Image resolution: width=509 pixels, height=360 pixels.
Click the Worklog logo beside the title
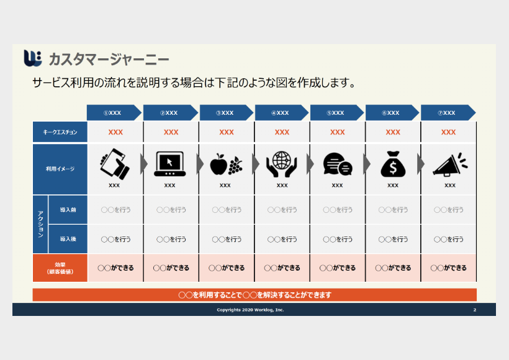click(33, 58)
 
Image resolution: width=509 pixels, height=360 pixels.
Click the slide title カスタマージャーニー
click(109, 60)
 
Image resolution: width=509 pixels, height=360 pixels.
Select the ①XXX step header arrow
click(114, 112)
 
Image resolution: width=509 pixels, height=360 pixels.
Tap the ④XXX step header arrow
click(281, 112)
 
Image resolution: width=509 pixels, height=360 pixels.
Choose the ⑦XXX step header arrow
click(448, 112)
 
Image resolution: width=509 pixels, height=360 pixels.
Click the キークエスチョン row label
click(60, 132)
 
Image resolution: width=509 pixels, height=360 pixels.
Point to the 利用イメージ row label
click(60, 169)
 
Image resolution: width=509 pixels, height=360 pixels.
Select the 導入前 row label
click(68, 210)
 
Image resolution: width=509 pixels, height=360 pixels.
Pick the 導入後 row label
click(68, 239)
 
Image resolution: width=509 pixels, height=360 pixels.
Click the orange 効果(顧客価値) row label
click(60, 268)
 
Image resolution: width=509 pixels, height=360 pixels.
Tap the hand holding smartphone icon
click(115, 164)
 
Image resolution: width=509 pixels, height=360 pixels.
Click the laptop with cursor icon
click(170, 164)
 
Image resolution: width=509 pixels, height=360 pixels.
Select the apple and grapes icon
click(226, 164)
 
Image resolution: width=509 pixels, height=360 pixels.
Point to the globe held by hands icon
click(281, 164)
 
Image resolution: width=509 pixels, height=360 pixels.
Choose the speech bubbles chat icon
click(338, 164)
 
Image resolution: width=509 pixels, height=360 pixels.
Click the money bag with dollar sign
click(393, 164)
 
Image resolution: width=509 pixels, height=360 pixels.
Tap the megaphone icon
click(450, 164)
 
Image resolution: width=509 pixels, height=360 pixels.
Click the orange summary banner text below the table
click(255, 295)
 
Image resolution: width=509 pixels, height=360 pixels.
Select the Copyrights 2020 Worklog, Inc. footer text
click(250, 310)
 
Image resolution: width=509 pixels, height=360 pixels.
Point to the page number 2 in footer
click(475, 310)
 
